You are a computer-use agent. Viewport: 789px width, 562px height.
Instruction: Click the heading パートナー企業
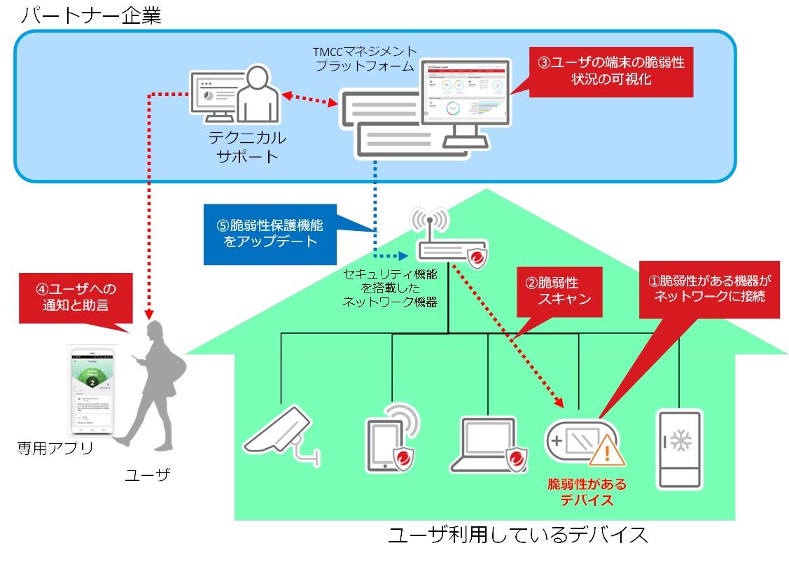(x=91, y=15)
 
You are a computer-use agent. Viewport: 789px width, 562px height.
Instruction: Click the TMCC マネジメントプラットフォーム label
(x=366, y=59)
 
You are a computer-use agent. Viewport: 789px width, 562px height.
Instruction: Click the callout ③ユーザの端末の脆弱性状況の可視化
(x=610, y=71)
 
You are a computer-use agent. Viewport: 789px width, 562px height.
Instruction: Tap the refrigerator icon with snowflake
(x=678, y=448)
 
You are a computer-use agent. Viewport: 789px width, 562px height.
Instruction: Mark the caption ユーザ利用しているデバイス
(x=517, y=536)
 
